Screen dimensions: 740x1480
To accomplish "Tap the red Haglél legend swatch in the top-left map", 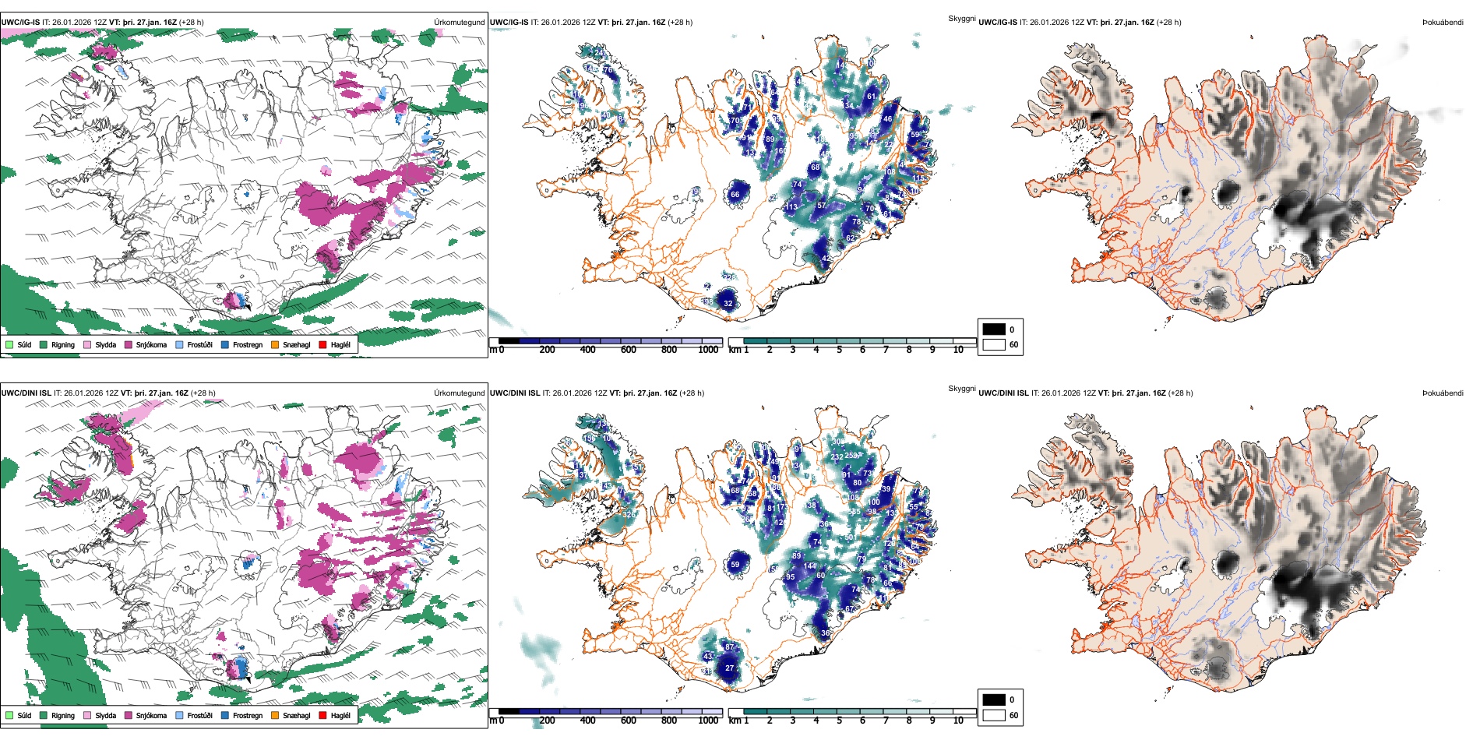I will click(x=322, y=344).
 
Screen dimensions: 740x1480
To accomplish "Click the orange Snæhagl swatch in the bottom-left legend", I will click(x=275, y=715).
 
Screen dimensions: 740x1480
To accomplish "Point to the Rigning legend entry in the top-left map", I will click(x=56, y=344).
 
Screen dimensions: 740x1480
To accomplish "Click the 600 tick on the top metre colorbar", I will click(x=629, y=350).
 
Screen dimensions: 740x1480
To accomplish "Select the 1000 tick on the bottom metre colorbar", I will click(x=708, y=721).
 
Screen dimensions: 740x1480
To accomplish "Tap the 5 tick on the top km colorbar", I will click(x=839, y=350).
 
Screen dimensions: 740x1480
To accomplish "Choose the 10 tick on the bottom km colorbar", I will click(x=958, y=721).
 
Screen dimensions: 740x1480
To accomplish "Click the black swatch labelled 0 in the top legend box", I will click(x=994, y=329).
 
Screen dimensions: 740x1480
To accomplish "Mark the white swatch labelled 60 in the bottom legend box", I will click(x=994, y=715).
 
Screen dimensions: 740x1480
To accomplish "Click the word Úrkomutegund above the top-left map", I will click(x=459, y=23).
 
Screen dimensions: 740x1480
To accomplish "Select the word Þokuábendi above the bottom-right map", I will click(x=1443, y=393).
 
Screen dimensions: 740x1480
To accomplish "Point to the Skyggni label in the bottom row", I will click(x=962, y=389).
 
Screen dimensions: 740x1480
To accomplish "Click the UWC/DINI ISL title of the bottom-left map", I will click(x=26, y=393).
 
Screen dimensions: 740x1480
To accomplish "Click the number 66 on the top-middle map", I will click(x=735, y=195).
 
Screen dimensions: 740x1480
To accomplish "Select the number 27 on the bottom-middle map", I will click(x=730, y=668).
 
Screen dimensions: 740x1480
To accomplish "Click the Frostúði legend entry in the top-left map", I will click(x=194, y=344).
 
